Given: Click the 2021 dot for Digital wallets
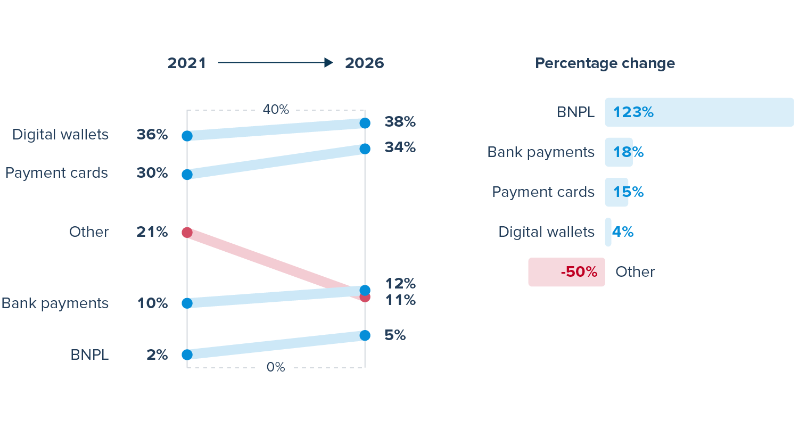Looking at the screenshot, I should click(187, 136).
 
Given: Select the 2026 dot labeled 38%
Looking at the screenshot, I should click(365, 123).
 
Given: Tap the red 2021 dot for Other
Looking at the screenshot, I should click(187, 232).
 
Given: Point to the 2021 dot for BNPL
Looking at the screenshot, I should click(187, 354).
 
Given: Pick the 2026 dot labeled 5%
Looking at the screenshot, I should click(365, 335).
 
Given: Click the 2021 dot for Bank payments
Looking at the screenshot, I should click(187, 303).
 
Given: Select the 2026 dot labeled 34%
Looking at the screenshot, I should click(365, 149).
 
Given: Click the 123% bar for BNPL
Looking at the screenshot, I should click(699, 112).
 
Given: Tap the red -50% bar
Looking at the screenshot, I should click(566, 272).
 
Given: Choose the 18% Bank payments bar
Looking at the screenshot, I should click(619, 152).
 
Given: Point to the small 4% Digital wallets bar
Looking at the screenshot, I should click(608, 232).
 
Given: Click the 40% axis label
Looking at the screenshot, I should click(276, 110).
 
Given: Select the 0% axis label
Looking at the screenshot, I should click(276, 367).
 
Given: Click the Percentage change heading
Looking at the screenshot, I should click(605, 63).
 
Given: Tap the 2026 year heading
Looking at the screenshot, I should click(364, 63).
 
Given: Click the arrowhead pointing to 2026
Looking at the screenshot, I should click(328, 63).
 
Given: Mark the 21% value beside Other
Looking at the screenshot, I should click(152, 232).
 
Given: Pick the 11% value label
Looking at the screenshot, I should click(400, 300).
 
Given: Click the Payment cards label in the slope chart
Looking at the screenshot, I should click(56, 173).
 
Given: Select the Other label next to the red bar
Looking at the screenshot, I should click(635, 272).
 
